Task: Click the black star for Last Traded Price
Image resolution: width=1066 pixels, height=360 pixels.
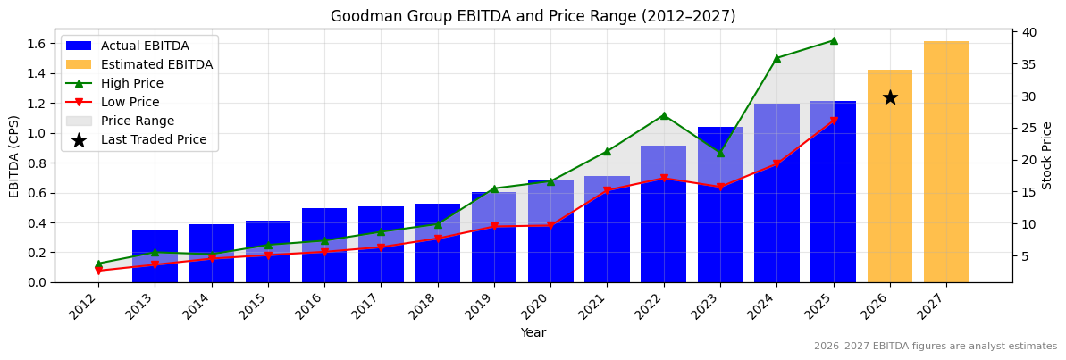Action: (890, 97)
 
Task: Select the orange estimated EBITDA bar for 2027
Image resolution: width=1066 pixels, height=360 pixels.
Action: (946, 162)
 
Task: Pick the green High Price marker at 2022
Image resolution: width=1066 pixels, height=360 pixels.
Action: (664, 115)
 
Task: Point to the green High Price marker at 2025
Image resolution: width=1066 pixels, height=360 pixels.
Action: (834, 40)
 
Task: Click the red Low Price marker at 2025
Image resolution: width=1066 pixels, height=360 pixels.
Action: (834, 121)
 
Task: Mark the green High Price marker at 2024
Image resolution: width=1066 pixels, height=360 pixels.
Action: (776, 58)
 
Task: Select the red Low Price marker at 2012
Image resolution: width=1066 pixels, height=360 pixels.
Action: (98, 271)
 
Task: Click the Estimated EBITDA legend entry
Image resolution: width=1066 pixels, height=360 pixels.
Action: (156, 64)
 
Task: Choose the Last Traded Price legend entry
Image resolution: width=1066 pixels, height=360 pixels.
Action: (154, 139)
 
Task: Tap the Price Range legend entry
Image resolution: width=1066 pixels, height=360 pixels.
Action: (138, 121)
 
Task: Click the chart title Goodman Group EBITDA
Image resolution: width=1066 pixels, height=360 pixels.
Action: (533, 16)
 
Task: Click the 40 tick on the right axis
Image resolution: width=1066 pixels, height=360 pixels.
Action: (1028, 32)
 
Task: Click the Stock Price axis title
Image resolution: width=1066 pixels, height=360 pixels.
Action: (1047, 155)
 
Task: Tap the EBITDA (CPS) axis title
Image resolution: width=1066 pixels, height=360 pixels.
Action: (14, 155)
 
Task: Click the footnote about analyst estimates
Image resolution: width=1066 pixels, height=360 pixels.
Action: (935, 347)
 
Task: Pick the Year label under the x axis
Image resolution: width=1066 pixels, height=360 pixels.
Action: (533, 332)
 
